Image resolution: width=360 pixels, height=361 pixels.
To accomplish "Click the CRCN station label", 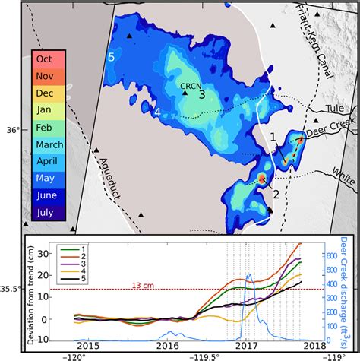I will pos(191,86).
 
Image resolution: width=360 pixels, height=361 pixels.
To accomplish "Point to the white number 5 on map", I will pos(111,56).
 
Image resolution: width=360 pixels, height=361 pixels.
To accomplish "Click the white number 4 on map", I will pos(157,113).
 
